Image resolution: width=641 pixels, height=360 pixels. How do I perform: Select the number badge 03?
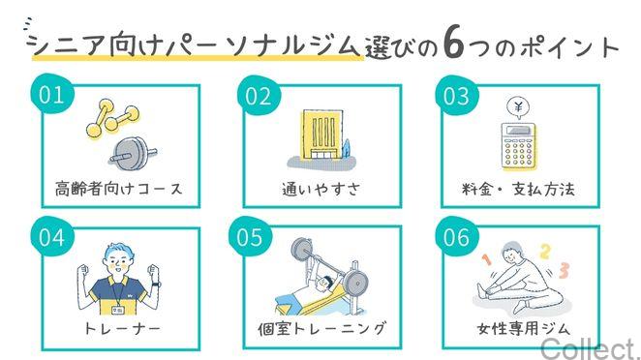point(456,96)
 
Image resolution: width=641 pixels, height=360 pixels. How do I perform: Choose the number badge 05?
point(250,237)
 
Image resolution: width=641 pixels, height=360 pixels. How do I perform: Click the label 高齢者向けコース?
point(118,188)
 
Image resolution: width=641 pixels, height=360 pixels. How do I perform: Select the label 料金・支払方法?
point(521,189)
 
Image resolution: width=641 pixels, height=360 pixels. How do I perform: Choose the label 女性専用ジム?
point(520,328)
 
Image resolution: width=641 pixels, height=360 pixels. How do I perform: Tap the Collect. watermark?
point(590,347)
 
